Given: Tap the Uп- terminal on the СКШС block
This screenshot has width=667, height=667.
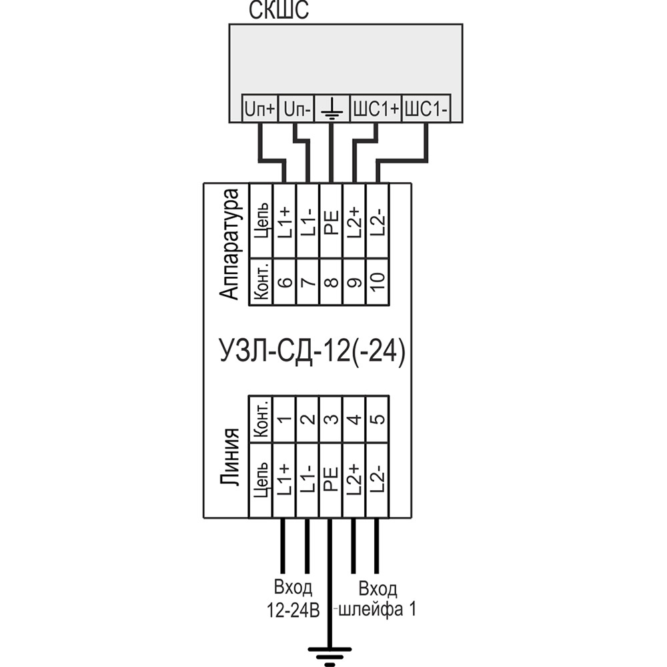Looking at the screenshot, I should click(295, 109).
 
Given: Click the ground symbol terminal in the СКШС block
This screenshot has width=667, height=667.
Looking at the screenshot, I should click(331, 109).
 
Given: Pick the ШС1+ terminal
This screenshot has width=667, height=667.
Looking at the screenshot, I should click(376, 109).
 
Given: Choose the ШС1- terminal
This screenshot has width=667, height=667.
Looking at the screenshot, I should click(426, 109).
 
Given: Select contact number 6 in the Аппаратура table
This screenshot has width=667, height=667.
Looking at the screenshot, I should click(284, 282).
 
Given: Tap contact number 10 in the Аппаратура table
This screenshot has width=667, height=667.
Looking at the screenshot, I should click(378, 282).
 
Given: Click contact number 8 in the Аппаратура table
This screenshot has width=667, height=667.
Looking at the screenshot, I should click(331, 282).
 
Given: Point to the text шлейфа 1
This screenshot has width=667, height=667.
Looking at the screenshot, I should click(378, 610).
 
